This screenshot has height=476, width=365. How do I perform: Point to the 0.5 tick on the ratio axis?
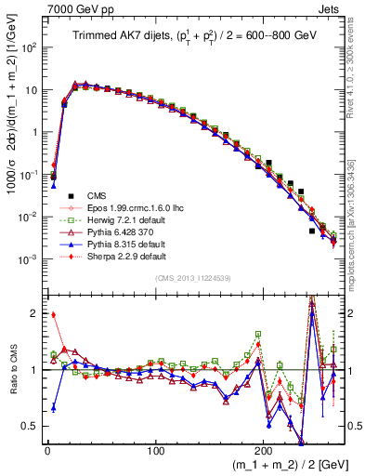[x=30, y=426]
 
